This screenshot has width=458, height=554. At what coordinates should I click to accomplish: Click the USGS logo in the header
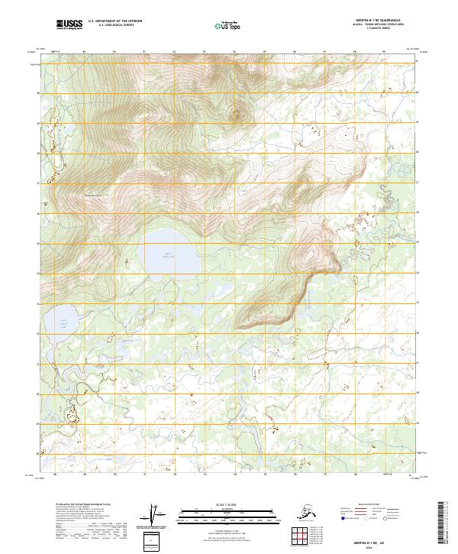[69, 25]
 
